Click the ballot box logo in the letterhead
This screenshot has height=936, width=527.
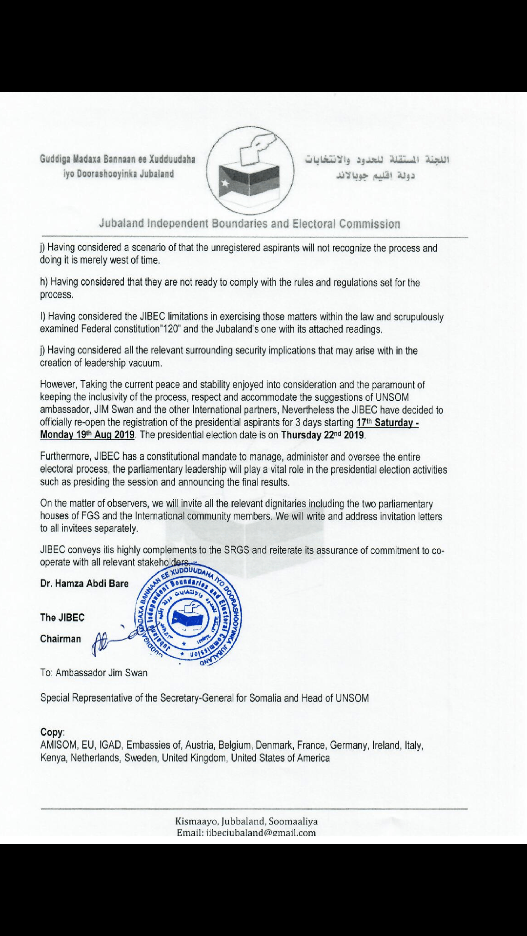point(250,171)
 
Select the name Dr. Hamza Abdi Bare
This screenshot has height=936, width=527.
point(84,584)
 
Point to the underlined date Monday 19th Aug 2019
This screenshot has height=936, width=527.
point(87,435)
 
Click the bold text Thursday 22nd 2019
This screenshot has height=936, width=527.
point(323,435)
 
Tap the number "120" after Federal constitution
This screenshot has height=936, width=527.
point(168,329)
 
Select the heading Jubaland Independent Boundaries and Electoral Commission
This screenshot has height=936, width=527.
point(249,224)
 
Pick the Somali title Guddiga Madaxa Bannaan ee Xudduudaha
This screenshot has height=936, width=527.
point(118,159)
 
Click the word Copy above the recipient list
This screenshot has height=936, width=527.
point(52,732)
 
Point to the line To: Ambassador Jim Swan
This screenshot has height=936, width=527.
point(94,673)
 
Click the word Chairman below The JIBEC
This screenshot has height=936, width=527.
point(61,639)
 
